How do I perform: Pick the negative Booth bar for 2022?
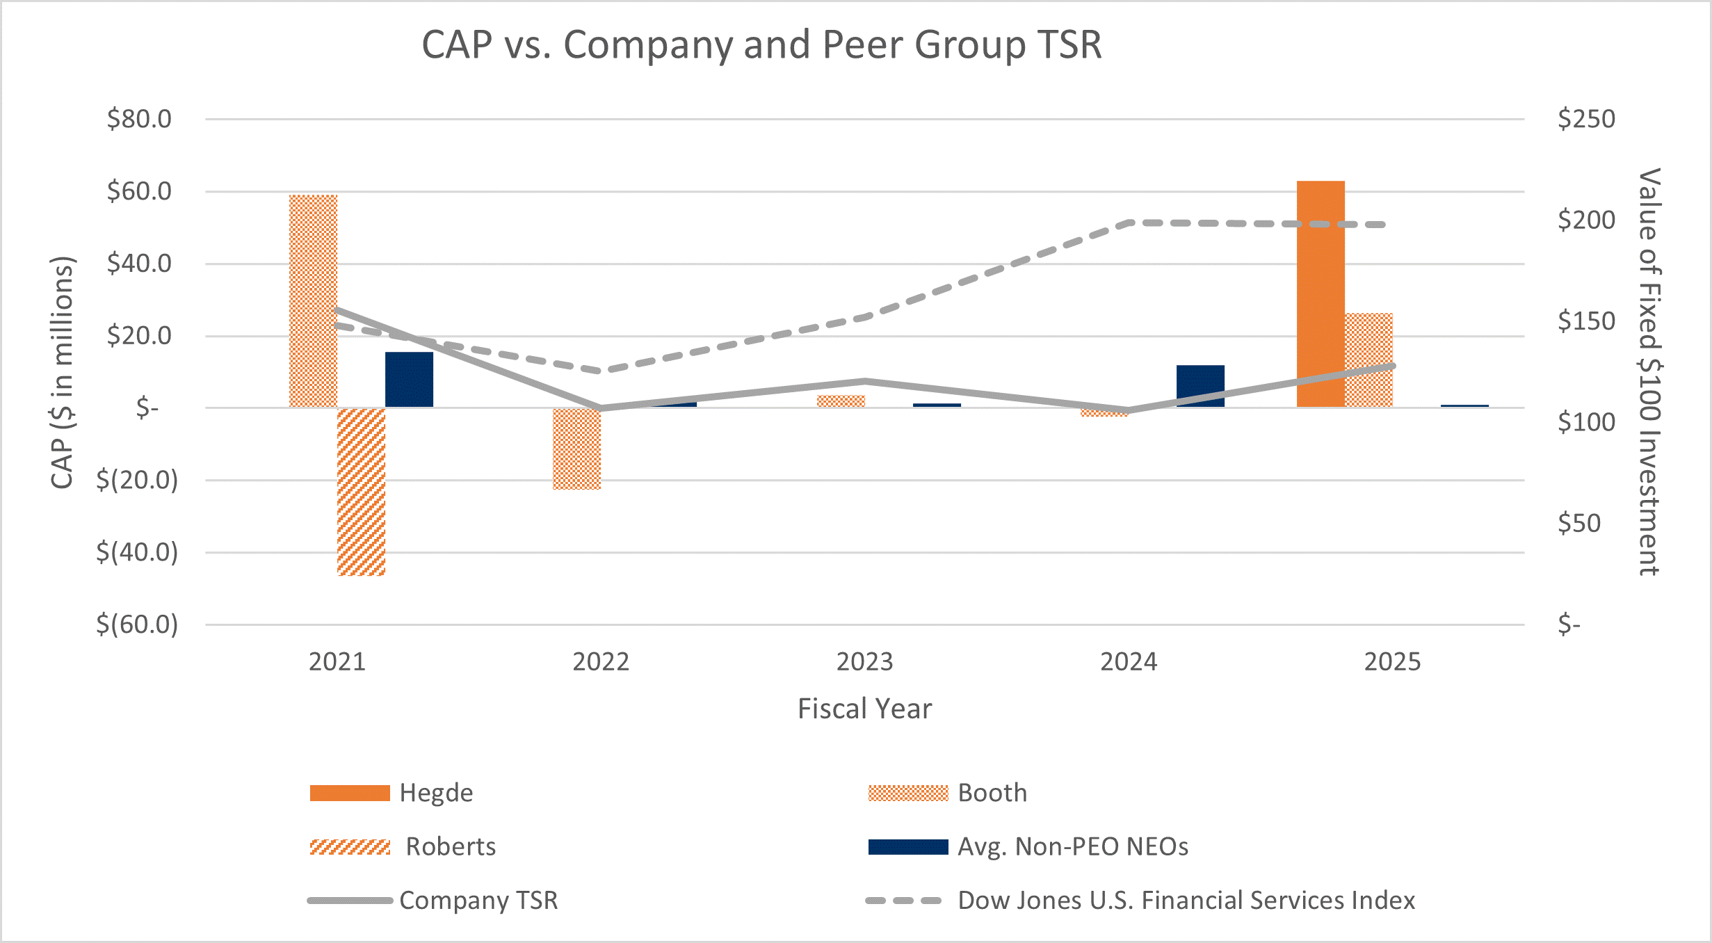tap(576, 449)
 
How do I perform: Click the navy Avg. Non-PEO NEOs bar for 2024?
tap(1200, 385)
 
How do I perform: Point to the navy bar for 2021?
tap(409, 379)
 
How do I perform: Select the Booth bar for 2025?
tap(1368, 360)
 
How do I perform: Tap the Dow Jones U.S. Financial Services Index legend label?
tap(1186, 900)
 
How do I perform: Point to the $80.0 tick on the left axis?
tap(139, 119)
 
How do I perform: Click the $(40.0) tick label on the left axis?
tap(137, 552)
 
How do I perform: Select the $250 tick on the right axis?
tap(1586, 119)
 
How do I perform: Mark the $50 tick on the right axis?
tap(1579, 523)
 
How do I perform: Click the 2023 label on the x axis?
tap(864, 661)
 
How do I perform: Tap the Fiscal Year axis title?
tap(864, 709)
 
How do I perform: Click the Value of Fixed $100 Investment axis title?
tap(1649, 371)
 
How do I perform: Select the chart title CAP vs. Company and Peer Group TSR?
tap(761, 45)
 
